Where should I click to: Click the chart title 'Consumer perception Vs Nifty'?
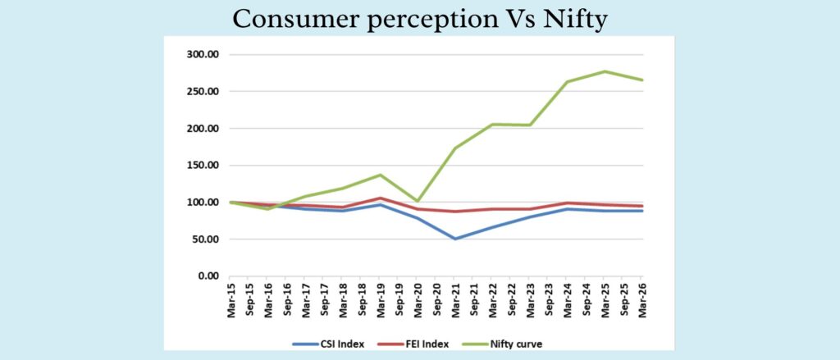coord(419,18)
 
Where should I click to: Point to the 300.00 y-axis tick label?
coord(200,55)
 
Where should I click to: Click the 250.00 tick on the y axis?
coord(200,92)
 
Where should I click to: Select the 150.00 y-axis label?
coord(200,166)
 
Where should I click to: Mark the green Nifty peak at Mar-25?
coord(605,71)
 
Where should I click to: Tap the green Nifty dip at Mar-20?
coord(418,201)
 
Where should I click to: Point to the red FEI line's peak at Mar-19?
coord(380,198)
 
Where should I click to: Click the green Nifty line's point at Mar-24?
coord(567,82)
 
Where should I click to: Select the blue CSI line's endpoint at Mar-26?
coord(641,211)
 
